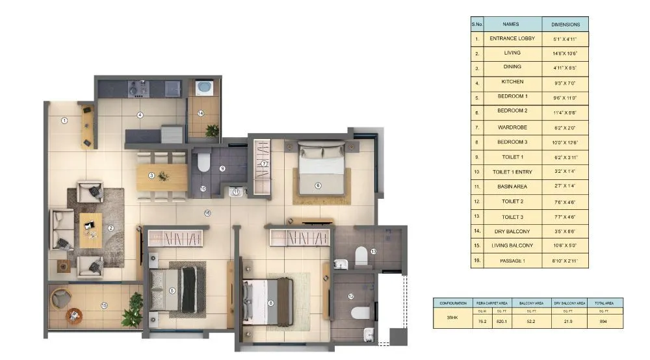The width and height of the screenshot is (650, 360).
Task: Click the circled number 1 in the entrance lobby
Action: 64,120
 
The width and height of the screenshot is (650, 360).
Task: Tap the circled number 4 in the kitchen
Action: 139,115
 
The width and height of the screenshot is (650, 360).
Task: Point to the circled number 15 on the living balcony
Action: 103,305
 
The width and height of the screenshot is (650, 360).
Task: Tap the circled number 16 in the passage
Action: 207,212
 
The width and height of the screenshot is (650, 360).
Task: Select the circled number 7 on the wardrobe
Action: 265,164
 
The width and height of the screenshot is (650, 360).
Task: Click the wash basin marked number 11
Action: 235,192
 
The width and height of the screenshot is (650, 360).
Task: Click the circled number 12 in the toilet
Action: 350,296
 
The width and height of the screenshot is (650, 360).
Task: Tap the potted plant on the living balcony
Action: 133,309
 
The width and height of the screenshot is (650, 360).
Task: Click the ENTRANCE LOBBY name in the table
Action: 512,39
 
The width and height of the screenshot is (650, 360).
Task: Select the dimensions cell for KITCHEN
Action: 565,83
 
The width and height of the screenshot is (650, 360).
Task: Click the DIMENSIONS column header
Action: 565,24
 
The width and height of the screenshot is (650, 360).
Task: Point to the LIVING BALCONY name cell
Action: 512,246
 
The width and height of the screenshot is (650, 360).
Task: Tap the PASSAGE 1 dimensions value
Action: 565,261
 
